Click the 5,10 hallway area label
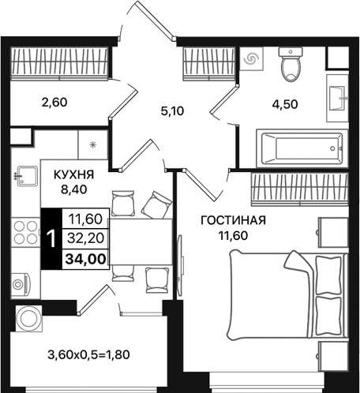174,112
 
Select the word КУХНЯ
75,173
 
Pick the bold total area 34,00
88,256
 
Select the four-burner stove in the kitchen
27,231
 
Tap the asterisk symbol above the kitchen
93,145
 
